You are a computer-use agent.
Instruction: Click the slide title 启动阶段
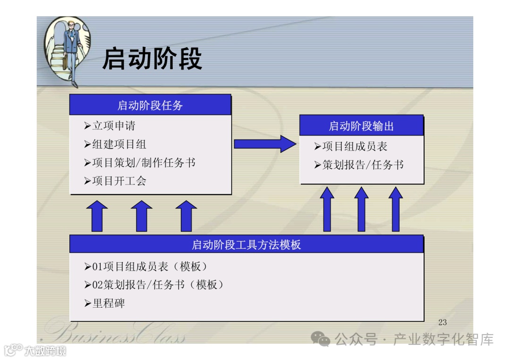tap(152, 59)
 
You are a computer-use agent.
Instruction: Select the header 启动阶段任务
tap(150, 105)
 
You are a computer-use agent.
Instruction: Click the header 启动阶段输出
tap(361, 126)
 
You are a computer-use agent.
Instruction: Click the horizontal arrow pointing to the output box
tap(265, 143)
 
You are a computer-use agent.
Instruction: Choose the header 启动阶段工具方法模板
tap(246, 244)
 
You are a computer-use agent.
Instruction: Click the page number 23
tap(442, 322)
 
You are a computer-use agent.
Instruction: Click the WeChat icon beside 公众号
tap(321, 339)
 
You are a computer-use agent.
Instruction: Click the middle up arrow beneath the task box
tap(142, 216)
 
